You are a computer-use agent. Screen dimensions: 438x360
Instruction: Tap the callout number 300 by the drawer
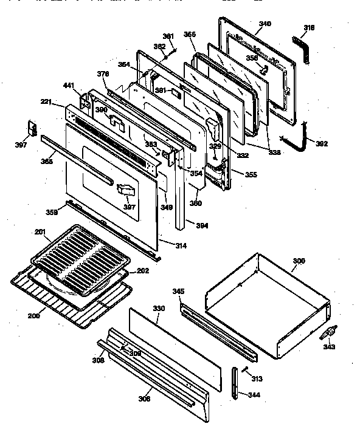coord(299,261)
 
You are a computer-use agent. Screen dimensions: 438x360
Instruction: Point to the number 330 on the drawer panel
coord(158,309)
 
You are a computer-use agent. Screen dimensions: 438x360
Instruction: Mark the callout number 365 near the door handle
coord(47,162)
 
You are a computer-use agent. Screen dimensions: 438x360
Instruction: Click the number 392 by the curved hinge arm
coord(322,144)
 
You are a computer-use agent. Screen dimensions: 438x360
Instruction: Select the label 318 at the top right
coord(310,28)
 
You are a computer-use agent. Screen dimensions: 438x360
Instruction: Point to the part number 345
coord(177,291)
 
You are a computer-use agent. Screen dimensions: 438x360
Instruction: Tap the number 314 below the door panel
coord(181,246)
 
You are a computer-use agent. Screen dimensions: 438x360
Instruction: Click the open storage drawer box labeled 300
coord(268,304)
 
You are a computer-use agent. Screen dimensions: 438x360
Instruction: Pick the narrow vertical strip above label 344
coord(236,383)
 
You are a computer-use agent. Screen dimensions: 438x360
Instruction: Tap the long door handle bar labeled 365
coord(75,159)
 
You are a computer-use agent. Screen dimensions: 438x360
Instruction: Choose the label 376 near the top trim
coord(103,74)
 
